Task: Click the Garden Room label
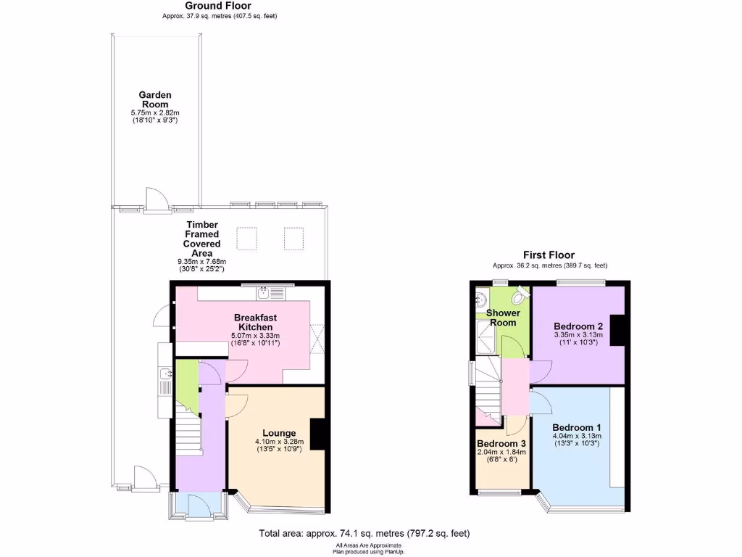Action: pos(155,99)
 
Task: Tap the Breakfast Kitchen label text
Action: pos(255,322)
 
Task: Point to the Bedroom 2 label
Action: pos(578,326)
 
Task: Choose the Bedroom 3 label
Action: pos(501,443)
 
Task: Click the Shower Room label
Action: pos(502,318)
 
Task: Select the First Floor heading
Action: pos(549,255)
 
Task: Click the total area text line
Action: pos(364,534)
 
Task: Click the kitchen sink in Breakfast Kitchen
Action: pos(263,292)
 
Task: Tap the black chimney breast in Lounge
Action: pos(317,436)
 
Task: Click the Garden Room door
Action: pos(154,199)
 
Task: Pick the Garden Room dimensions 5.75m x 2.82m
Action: pos(155,113)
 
